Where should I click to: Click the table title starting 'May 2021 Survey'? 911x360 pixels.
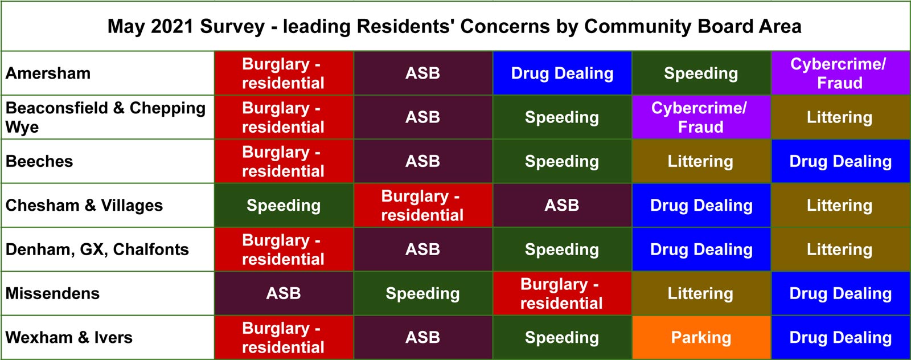[x=454, y=26]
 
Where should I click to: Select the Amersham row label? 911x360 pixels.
[x=48, y=73]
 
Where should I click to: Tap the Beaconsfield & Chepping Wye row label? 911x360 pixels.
[x=105, y=117]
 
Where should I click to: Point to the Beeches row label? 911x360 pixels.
[x=39, y=162]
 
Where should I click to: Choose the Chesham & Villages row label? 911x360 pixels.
[x=84, y=206]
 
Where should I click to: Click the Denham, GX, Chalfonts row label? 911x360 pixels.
[x=97, y=249]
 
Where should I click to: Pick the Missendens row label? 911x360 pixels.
[x=52, y=293]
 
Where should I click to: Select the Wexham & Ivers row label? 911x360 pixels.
[x=69, y=338]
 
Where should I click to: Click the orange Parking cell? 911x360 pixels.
[x=701, y=338]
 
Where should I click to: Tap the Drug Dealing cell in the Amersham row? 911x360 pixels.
[x=562, y=73]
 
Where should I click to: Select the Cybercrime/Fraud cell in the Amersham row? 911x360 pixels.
[x=840, y=73]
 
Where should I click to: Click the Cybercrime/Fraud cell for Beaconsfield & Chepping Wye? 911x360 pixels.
[x=701, y=117]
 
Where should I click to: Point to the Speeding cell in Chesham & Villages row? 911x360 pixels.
[x=284, y=206]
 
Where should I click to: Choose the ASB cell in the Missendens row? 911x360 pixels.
[x=284, y=293]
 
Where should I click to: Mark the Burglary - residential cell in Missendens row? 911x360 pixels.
[x=562, y=293]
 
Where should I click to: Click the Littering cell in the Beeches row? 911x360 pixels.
[x=701, y=162]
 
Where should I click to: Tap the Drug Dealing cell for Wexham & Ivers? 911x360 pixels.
[x=840, y=338]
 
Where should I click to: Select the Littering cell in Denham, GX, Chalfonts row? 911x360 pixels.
[x=840, y=249]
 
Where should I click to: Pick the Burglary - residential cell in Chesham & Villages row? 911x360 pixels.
[x=423, y=206]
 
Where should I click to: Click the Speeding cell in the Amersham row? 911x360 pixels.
[x=701, y=73]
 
